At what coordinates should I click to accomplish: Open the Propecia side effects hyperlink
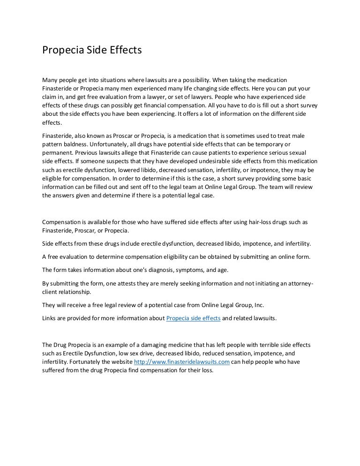point(194,318)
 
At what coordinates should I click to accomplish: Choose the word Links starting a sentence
point(50,318)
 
